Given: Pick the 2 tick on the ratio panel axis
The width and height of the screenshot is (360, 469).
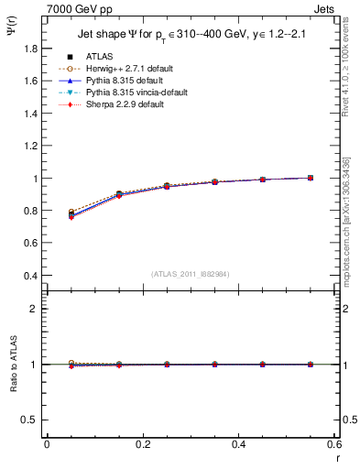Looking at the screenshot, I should (34, 309).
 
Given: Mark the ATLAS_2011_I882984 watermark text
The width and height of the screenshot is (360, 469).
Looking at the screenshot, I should (190, 273).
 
